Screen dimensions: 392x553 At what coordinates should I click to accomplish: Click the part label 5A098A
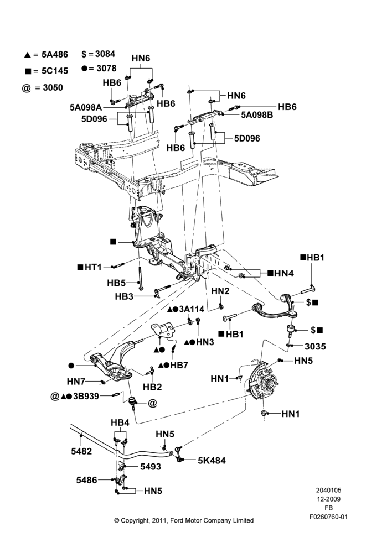tap(85, 107)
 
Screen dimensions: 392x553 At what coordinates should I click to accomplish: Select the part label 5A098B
tap(257, 114)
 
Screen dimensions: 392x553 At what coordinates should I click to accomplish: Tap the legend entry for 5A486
tap(46, 54)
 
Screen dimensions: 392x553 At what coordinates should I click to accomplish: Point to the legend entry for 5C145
tap(47, 71)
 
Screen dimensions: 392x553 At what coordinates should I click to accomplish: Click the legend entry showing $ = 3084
tap(98, 54)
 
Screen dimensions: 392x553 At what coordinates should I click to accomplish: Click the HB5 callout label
tap(116, 283)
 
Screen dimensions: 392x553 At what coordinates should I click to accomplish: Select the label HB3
tap(125, 296)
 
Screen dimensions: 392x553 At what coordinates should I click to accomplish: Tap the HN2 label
tap(220, 291)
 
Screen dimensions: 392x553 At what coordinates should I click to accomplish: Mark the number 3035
tap(316, 346)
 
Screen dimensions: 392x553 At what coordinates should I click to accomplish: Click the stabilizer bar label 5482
tap(81, 451)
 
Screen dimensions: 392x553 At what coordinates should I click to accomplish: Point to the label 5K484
tap(212, 460)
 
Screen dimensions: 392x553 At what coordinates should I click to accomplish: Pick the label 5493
tap(151, 467)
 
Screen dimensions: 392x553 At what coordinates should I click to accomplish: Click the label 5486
tap(86, 480)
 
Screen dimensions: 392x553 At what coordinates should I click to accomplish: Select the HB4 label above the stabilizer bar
tap(120, 422)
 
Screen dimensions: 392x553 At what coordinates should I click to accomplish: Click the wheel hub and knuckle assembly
tap(263, 380)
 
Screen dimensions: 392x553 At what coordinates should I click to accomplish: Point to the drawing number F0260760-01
tap(328, 517)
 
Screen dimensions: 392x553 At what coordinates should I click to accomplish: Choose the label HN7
tap(76, 381)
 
